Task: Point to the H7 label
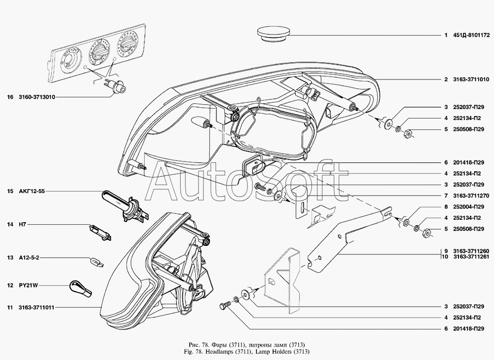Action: click(x=24, y=225)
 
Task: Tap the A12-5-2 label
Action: click(x=29, y=258)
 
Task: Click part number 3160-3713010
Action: click(x=37, y=97)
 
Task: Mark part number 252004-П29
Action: click(x=474, y=207)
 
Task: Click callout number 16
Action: click(x=10, y=97)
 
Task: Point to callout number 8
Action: click(x=446, y=207)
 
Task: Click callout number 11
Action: click(x=10, y=308)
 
